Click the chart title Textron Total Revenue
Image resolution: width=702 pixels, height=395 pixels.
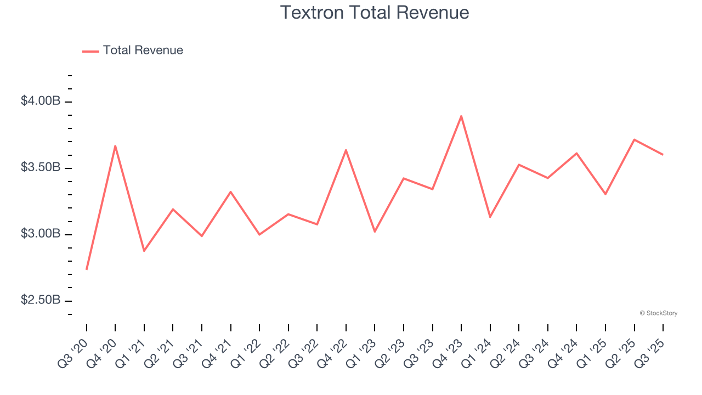pyautogui.click(x=375, y=12)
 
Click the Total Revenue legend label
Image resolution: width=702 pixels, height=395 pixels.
pyautogui.click(x=143, y=50)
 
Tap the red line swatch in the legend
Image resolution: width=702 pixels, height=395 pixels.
pyautogui.click(x=90, y=51)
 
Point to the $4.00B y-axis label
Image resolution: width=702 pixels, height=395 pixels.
pyautogui.click(x=41, y=101)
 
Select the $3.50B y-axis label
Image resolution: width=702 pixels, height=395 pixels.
pyautogui.click(x=41, y=167)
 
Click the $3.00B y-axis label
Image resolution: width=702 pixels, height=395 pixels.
pyautogui.click(x=41, y=234)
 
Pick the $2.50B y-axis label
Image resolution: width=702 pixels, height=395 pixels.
pyautogui.click(x=41, y=301)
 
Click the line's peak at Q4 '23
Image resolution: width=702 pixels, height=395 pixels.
pyautogui.click(x=461, y=116)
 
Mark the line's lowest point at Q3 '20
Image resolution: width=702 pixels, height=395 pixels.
pyautogui.click(x=87, y=269)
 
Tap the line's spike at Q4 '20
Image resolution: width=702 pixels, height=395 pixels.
pyautogui.click(x=115, y=146)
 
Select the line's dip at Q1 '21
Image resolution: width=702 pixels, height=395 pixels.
pyautogui.click(x=144, y=251)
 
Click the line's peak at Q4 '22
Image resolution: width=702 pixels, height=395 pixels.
pyautogui.click(x=346, y=150)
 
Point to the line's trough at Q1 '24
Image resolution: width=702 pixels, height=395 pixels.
pyautogui.click(x=490, y=217)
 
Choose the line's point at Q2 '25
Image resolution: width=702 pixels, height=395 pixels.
pyautogui.click(x=634, y=139)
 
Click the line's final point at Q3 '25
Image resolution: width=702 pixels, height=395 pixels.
pyautogui.click(x=663, y=155)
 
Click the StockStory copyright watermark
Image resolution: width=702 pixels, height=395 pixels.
pyautogui.click(x=658, y=313)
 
